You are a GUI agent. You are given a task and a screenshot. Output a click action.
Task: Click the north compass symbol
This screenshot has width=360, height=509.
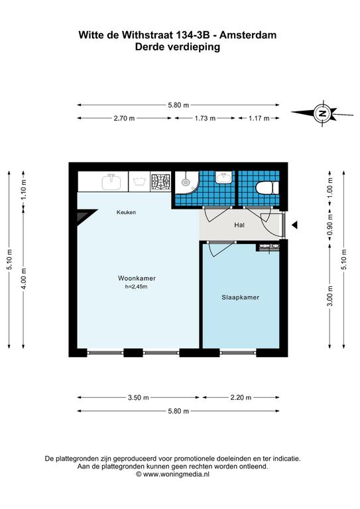pyautogui.click(x=322, y=113)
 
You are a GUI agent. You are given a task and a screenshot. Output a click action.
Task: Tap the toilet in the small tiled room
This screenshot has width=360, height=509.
pyautogui.click(x=267, y=188)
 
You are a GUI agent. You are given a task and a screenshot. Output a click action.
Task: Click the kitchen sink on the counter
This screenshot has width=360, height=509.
pyautogui.click(x=111, y=182)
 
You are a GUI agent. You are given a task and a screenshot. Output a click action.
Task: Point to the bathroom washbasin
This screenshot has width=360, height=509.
pyautogui.click(x=224, y=177)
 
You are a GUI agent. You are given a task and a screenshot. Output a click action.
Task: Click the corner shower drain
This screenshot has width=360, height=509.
pyautogui.click(x=186, y=182)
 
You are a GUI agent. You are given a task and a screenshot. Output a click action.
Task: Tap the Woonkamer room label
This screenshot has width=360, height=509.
pyautogui.click(x=137, y=278)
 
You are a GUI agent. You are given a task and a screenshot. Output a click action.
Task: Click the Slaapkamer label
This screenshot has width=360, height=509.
pyautogui.click(x=240, y=298)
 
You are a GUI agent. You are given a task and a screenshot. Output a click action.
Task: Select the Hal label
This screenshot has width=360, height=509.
pyautogui.click(x=239, y=225)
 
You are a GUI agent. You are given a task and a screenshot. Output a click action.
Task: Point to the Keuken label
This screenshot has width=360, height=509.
pyautogui.click(x=126, y=212)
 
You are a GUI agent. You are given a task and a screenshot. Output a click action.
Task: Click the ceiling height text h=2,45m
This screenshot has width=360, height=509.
pyautogui.click(x=136, y=286)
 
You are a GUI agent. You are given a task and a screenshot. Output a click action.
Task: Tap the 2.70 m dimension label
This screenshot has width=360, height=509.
pyautogui.click(x=124, y=119)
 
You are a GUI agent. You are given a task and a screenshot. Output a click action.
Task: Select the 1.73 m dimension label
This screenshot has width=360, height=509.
pyautogui.click(x=205, y=119)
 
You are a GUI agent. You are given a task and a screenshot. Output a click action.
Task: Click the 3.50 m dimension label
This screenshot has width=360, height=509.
pyautogui.click(x=139, y=398)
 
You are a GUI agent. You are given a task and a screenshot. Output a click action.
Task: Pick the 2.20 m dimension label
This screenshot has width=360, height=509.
pyautogui.click(x=241, y=398)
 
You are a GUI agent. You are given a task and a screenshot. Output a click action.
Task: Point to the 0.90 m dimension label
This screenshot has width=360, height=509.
pyautogui.click(x=330, y=225)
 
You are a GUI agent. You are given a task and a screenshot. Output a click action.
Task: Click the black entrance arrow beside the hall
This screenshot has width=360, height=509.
pyautogui.click(x=294, y=225)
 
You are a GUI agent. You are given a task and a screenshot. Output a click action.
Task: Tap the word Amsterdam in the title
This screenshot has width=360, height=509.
pyautogui.click(x=248, y=35)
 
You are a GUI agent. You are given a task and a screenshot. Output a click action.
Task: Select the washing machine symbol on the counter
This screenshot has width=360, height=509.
pyautogui.click(x=140, y=182)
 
